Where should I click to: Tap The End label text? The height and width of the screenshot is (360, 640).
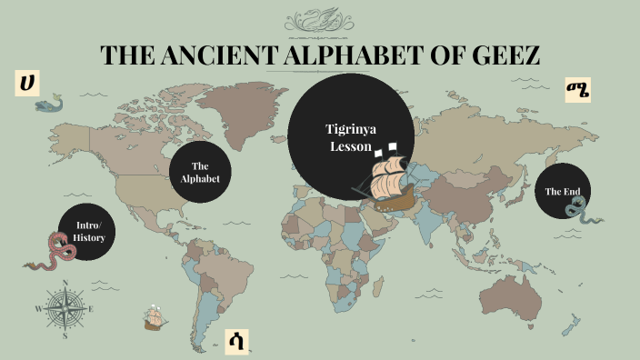(562, 192)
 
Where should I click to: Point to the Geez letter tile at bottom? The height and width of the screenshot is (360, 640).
(236, 342)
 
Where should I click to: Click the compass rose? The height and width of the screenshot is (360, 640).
(65, 310)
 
